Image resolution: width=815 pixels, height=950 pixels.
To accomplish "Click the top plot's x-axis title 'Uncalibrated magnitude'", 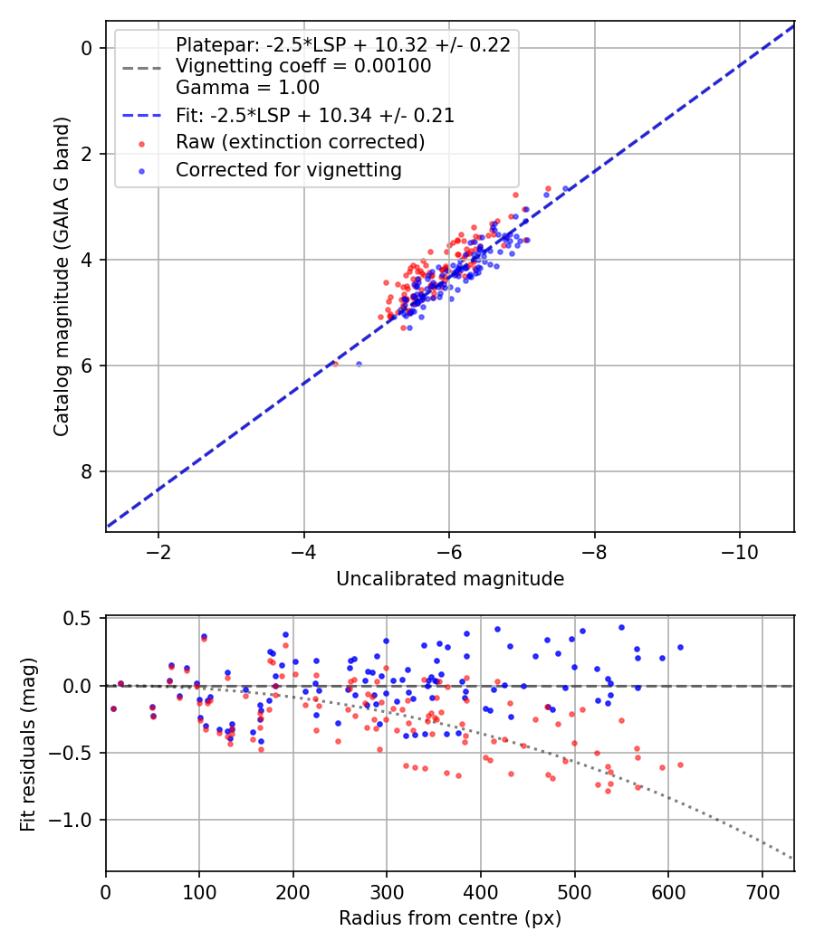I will coord(450,579).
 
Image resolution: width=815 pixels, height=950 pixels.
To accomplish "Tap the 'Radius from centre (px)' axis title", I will coord(450,918).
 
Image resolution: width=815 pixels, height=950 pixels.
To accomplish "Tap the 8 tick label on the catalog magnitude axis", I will coord(89,472).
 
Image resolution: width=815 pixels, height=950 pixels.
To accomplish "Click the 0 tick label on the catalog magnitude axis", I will coord(89,48).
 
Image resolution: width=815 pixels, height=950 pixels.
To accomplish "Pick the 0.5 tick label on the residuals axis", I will coord(82,619).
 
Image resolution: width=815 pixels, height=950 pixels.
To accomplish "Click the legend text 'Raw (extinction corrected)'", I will coord(300,142).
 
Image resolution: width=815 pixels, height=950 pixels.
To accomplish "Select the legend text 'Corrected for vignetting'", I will coord(289,169).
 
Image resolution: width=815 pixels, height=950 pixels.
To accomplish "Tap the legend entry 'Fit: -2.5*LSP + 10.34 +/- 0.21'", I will coord(315,115).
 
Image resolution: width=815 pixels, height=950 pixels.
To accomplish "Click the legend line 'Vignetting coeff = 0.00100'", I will coord(303,66).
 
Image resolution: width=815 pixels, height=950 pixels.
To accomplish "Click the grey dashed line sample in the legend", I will coord(141,67).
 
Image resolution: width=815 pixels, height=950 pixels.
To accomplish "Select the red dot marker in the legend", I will coord(141,143).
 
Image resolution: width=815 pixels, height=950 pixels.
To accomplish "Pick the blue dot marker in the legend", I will coord(141,170).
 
